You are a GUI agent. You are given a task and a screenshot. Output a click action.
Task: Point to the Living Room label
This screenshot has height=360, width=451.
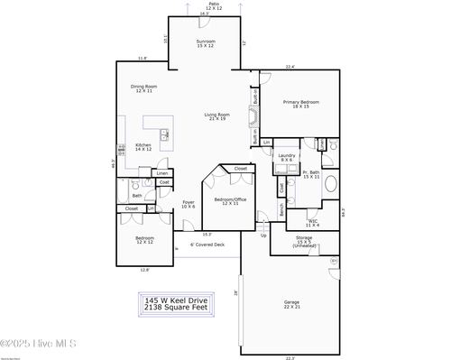click(216, 117)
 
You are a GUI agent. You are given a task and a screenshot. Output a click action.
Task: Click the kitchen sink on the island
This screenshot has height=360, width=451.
click(164, 136)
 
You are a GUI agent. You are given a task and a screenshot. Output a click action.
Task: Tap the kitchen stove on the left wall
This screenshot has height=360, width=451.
click(119, 150)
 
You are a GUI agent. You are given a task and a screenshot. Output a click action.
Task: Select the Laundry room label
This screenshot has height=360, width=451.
click(287, 158)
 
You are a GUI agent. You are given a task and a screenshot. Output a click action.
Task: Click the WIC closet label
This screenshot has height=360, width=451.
click(312, 222)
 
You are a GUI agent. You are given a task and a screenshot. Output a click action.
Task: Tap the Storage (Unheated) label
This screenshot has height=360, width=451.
click(304, 241)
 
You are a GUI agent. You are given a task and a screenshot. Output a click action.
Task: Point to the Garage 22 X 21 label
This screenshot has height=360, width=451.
click(290, 304)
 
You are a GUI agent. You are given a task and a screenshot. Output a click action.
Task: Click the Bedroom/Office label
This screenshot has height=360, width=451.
click(230, 200)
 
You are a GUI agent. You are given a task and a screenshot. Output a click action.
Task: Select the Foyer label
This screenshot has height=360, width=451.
click(189, 204)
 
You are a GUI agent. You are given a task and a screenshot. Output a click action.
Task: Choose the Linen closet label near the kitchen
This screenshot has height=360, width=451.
click(161, 172)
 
